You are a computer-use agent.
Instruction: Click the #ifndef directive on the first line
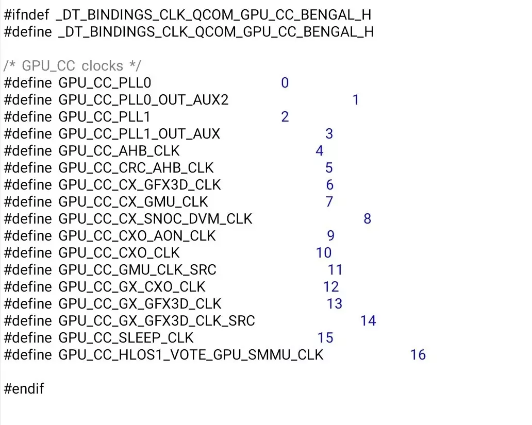pyautogui.click(x=26, y=15)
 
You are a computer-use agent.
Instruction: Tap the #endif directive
pyautogui.click(x=24, y=389)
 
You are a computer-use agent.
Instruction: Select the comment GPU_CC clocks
pyautogui.click(x=72, y=66)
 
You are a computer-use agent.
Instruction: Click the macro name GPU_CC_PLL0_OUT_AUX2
pyautogui.click(x=143, y=100)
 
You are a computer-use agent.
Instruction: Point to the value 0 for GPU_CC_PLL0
pyautogui.click(x=285, y=83)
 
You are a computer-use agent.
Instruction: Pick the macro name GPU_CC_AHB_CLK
pyautogui.click(x=119, y=151)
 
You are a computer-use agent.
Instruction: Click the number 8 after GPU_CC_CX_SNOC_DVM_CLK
pyautogui.click(x=368, y=219)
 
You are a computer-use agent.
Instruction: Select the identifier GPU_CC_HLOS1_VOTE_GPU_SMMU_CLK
pyautogui.click(x=191, y=355)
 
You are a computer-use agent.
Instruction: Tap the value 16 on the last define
pyautogui.click(x=418, y=355)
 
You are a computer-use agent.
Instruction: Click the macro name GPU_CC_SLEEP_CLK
pyautogui.click(x=126, y=338)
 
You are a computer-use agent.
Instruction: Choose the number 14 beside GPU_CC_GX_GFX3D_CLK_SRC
pyautogui.click(x=368, y=321)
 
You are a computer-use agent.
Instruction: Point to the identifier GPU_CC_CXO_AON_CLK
pyautogui.click(x=137, y=236)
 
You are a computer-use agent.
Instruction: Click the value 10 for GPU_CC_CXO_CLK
pyautogui.click(x=324, y=253)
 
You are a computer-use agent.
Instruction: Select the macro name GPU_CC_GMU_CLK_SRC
pyautogui.click(x=138, y=270)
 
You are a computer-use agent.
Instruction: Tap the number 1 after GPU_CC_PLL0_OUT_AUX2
pyautogui.click(x=356, y=100)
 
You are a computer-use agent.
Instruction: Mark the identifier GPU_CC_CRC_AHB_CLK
pyautogui.click(x=136, y=168)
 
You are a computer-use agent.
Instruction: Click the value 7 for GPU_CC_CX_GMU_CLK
pyautogui.click(x=329, y=202)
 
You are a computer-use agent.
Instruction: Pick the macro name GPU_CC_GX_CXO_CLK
pyautogui.click(x=132, y=287)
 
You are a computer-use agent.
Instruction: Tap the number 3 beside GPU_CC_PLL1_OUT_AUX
pyautogui.click(x=329, y=134)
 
